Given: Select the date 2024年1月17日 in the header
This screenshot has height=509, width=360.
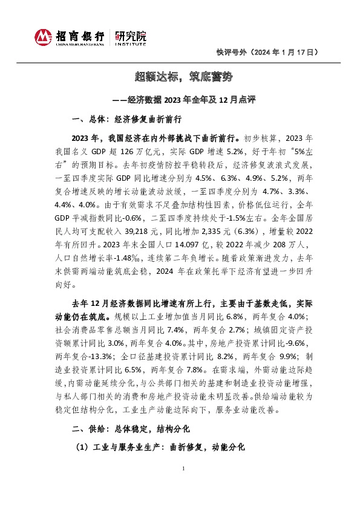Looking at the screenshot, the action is point(284,53).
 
